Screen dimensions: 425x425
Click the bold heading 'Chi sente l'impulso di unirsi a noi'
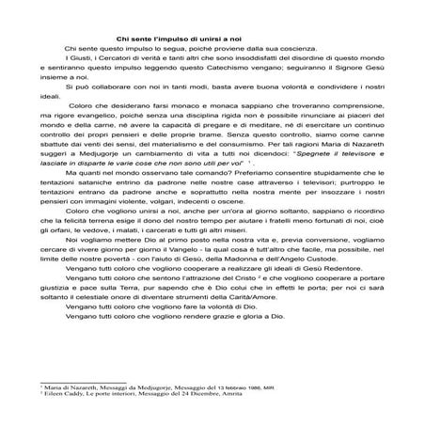pos(212,37)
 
